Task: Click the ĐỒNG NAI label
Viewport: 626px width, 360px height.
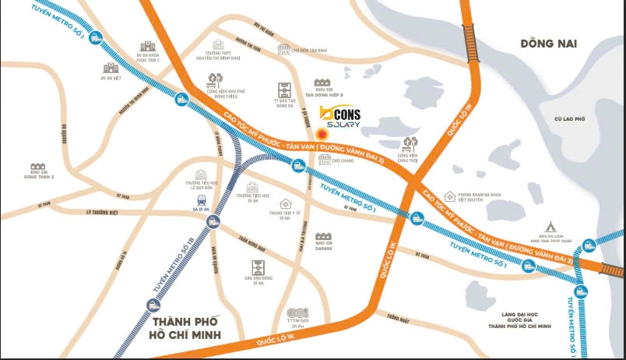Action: pyautogui.click(x=549, y=44)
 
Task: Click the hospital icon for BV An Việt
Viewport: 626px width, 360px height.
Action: pyautogui.click(x=108, y=69)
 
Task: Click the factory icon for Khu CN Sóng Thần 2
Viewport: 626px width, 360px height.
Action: pyautogui.click(x=36, y=168)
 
